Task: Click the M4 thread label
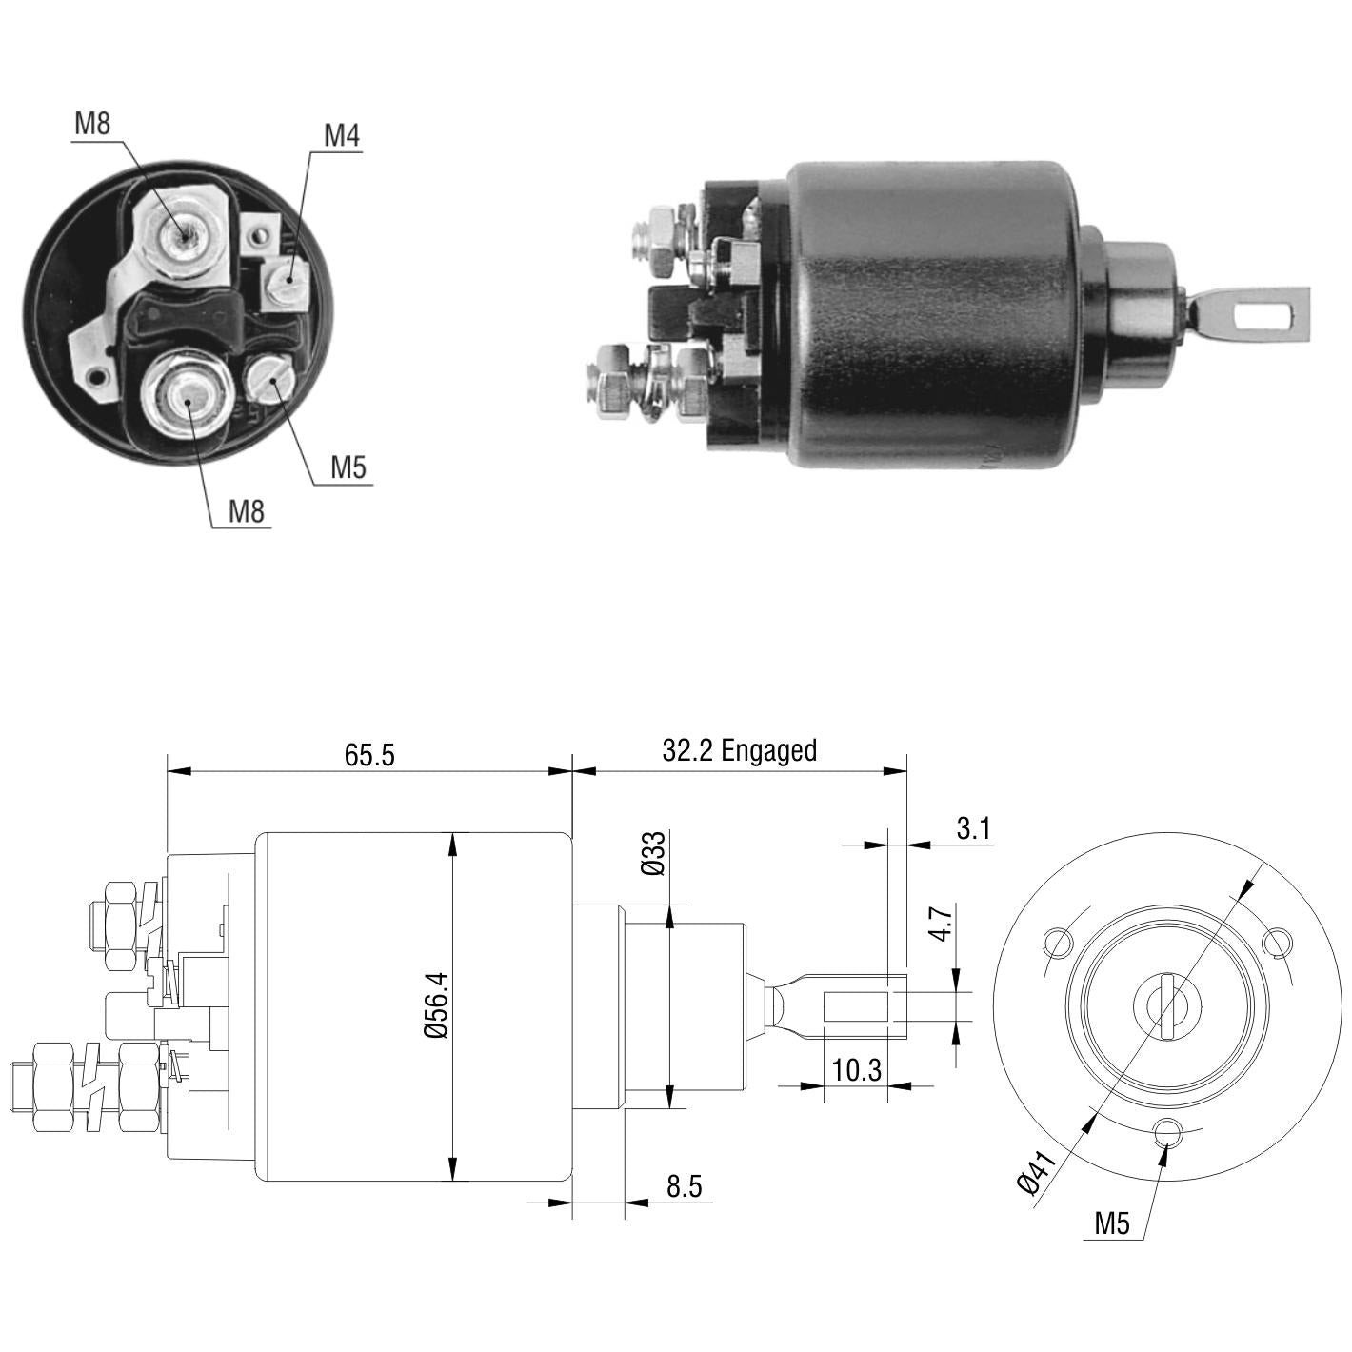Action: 342,135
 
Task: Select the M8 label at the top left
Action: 92,124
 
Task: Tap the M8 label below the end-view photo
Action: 247,511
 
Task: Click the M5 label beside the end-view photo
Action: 348,467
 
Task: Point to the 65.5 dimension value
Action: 369,755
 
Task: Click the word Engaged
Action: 769,751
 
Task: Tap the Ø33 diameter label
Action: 652,853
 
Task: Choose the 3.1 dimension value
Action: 973,828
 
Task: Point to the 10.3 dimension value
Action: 856,1070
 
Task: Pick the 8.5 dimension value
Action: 684,1185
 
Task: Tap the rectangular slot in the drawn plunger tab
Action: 856,1006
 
